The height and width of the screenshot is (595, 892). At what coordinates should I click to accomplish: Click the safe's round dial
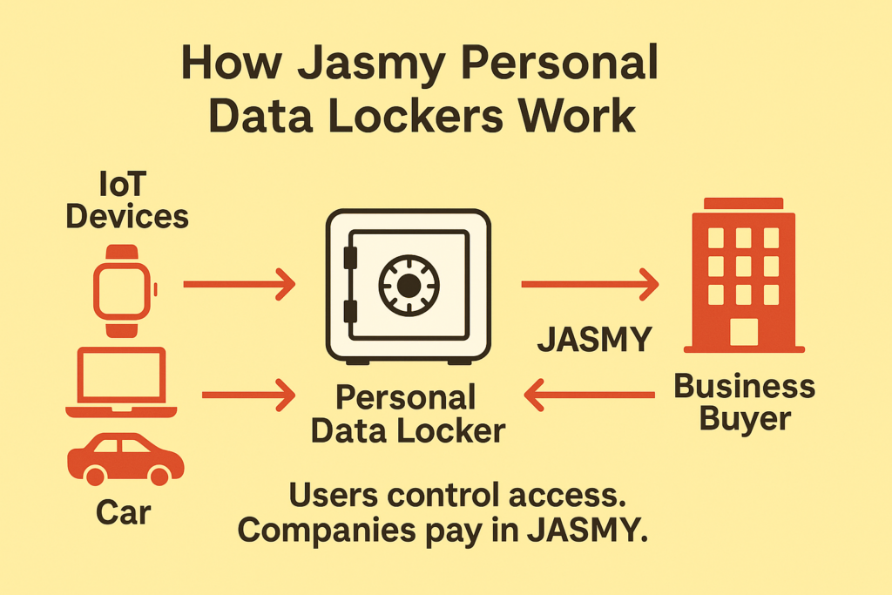tap(408, 284)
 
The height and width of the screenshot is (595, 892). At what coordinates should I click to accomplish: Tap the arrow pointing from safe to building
tap(589, 284)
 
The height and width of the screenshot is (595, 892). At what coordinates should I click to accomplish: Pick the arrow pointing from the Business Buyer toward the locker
tap(591, 396)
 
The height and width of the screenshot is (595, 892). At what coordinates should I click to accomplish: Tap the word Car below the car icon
tap(124, 510)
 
